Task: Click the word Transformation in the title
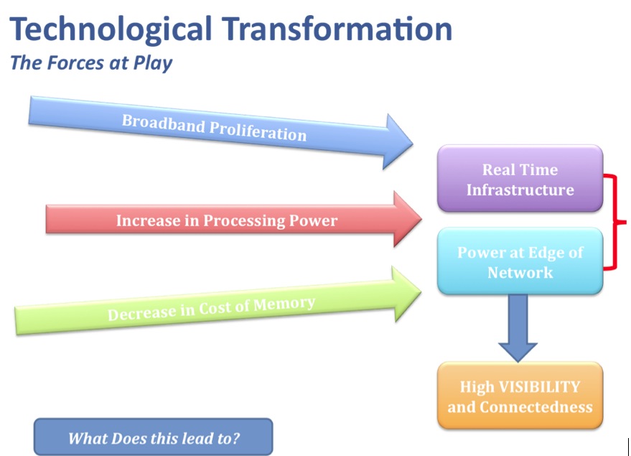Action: [337, 29]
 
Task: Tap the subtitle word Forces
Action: [75, 62]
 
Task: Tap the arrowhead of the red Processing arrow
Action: [407, 219]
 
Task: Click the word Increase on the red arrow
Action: [147, 220]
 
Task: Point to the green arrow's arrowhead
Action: [406, 294]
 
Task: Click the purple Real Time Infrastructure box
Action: [520, 178]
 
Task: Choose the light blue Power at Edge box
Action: [520, 261]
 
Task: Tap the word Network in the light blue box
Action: [520, 273]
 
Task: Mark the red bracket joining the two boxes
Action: [615, 222]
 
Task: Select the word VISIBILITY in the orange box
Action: [540, 387]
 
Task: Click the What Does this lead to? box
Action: [154, 437]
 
